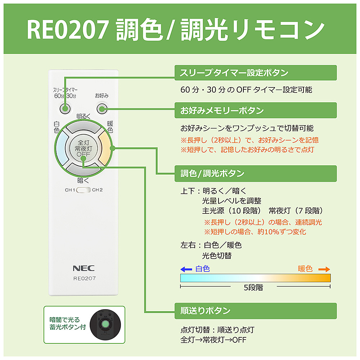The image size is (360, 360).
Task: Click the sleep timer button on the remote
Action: coord(65,109)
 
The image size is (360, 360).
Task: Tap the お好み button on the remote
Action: coord(102,109)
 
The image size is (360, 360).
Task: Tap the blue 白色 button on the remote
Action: coord(62,148)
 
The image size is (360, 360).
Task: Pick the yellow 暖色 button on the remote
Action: coord(105,148)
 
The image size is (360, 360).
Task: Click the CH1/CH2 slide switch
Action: coord(84,190)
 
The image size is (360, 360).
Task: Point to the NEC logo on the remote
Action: coord(84,268)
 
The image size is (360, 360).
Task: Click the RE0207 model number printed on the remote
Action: coord(84,278)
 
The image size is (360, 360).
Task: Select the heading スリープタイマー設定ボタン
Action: coord(234,73)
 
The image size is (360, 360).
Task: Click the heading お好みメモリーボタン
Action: coord(222,111)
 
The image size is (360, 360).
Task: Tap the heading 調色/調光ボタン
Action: coord(212,174)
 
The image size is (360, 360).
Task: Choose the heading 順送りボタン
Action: coord(205,311)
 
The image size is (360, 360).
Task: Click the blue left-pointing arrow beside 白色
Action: coord(186,269)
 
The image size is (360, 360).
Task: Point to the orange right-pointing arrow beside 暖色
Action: coord(324,269)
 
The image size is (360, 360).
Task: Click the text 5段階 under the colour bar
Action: coord(253,287)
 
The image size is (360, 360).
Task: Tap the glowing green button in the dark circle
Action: coord(105,324)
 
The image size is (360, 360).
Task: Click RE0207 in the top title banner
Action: coord(67,30)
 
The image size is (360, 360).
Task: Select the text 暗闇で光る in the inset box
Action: coord(64,320)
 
